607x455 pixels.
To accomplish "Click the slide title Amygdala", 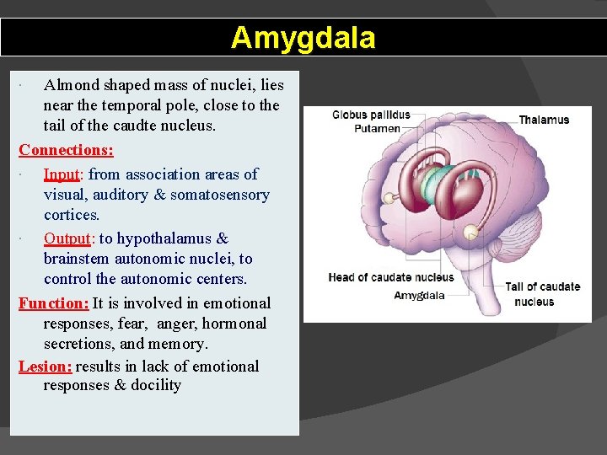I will pos(303,38).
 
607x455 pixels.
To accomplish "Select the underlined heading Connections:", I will pos(66,150).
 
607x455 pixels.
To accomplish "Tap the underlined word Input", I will pos(62,174).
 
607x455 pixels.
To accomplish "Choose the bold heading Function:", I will pos(53,303).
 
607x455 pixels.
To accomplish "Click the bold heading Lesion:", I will pos(46,367).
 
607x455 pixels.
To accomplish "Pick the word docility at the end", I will pos(156,385).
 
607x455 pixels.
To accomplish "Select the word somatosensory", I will pos(220,195).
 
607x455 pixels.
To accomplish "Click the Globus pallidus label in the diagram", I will pos(371,115).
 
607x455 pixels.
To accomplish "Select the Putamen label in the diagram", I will pos(377,129).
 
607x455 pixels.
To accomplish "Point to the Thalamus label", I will pos(544,120).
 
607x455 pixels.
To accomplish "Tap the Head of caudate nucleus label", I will pos(390,277).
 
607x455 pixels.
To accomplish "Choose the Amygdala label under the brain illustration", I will pos(419,295).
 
